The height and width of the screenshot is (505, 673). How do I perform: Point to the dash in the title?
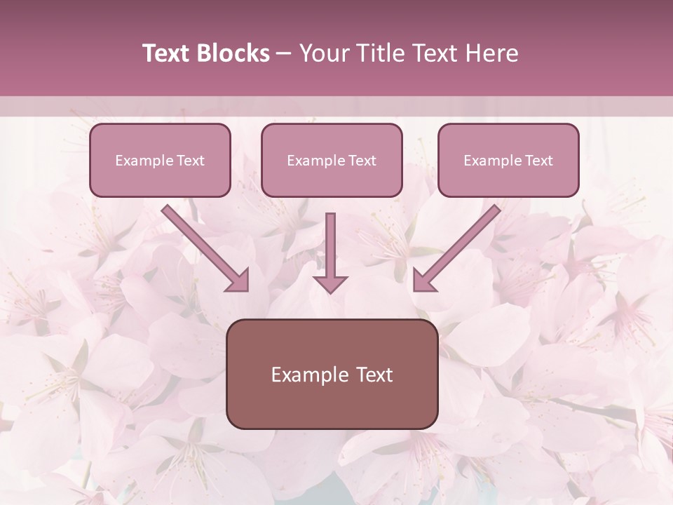pos(285,53)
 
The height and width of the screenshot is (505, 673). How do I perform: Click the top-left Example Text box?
pos(160,160)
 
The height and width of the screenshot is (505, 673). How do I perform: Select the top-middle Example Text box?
pos(332,160)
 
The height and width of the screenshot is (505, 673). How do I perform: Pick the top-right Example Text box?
pos(508,160)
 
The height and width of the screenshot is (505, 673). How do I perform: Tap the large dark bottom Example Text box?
pos(332,374)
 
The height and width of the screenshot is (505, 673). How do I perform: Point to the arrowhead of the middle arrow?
pos(330,283)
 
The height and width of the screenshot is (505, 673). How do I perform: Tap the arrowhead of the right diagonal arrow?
pos(423,281)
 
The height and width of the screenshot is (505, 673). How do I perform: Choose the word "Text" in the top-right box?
pos(538,161)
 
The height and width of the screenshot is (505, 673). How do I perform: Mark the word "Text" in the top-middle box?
pos(362,161)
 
